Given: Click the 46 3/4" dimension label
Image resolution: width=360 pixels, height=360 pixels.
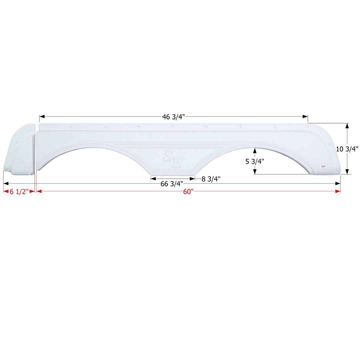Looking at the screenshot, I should click(173, 117).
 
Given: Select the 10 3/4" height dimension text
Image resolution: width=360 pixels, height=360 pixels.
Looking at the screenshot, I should click(347, 149).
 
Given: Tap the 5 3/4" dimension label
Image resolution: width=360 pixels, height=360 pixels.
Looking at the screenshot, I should click(255, 162).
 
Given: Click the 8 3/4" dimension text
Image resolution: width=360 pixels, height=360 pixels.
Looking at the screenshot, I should click(211, 179).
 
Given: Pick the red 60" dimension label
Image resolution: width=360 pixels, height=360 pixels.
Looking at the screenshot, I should click(188, 191).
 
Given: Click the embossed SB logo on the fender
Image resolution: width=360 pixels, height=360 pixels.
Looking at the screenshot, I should click(173, 158).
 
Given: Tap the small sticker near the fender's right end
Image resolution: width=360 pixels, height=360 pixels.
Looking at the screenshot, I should click(324, 166).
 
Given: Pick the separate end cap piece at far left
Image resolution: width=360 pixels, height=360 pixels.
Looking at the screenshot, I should click(20, 150).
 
